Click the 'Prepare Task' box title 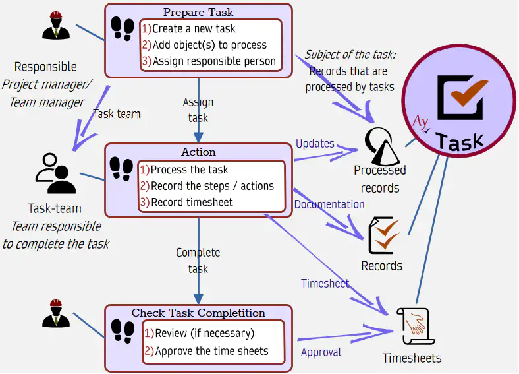(x=198, y=12)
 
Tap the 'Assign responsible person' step (x=209, y=61)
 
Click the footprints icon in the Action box (x=121, y=170)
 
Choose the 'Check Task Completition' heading (x=198, y=313)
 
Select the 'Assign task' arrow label (x=198, y=110)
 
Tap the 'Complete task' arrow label (x=198, y=261)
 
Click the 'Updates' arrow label (x=315, y=144)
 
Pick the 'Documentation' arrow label (x=329, y=204)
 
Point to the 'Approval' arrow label (x=321, y=352)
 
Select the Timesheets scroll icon (x=412, y=327)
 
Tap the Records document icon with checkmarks (x=385, y=235)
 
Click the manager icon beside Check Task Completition (x=56, y=314)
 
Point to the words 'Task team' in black (x=117, y=114)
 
